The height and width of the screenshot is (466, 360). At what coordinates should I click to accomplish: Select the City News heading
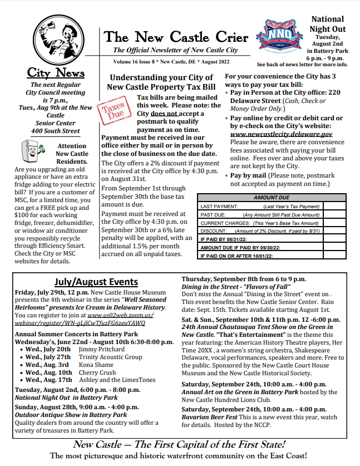tap(56, 73)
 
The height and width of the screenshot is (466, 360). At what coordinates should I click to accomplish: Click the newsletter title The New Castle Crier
tap(176, 38)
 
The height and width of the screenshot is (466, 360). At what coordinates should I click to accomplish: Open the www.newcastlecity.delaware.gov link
tap(281, 134)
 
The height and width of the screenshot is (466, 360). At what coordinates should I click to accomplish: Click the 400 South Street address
tap(56, 131)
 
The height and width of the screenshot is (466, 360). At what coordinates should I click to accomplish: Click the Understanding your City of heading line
tap(161, 77)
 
